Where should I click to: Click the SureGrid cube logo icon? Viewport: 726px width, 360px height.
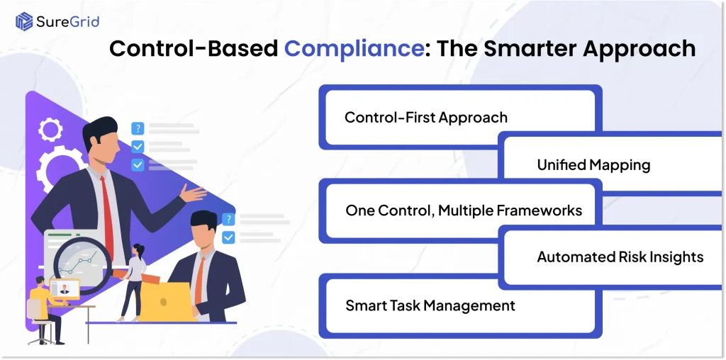click(x=24, y=21)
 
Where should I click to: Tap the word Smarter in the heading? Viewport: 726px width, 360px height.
click(x=505, y=48)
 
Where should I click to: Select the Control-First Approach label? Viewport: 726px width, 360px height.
click(x=426, y=117)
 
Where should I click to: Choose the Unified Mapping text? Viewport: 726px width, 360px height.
click(x=593, y=165)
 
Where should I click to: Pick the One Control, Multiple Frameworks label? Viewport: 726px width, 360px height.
click(x=464, y=210)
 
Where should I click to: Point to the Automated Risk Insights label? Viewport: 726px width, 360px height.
click(x=620, y=257)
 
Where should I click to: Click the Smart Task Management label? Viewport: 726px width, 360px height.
click(x=430, y=306)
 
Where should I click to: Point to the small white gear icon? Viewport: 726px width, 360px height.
click(x=50, y=129)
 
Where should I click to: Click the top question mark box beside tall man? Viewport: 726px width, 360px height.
click(x=138, y=128)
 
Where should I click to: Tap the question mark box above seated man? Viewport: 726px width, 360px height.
click(x=228, y=220)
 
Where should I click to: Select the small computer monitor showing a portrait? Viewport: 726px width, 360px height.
click(x=65, y=289)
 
